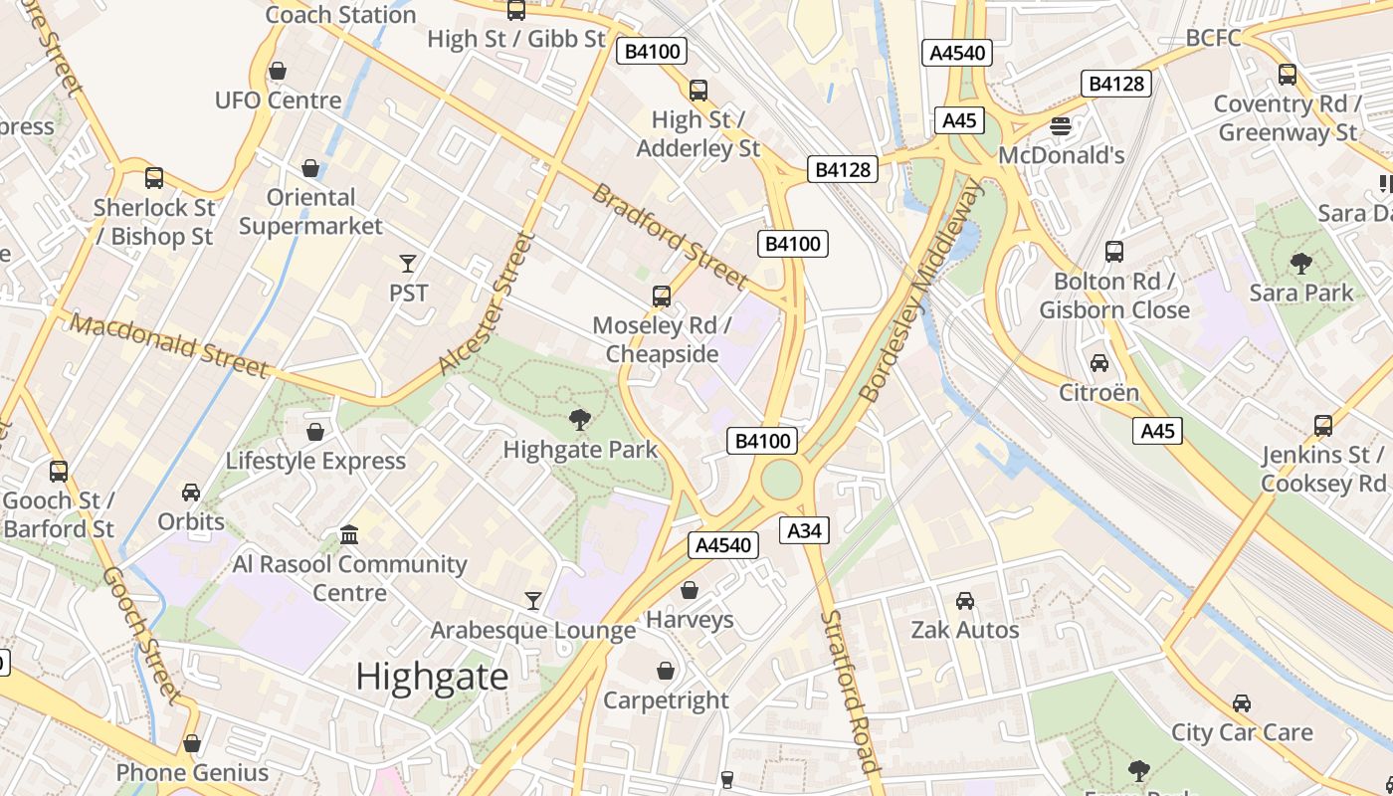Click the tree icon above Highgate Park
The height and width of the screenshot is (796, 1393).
pyautogui.click(x=579, y=421)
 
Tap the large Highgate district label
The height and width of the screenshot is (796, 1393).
pyautogui.click(x=432, y=677)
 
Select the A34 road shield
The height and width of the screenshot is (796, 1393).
pyautogui.click(x=804, y=531)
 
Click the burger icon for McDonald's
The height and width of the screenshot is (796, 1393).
pyautogui.click(x=1061, y=126)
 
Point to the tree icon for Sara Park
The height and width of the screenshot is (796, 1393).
pyautogui.click(x=1300, y=264)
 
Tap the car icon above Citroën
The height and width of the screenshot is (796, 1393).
pyautogui.click(x=1098, y=363)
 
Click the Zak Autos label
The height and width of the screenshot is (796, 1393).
pyautogui.click(x=965, y=630)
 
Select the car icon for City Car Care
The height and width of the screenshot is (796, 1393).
pyautogui.click(x=1241, y=703)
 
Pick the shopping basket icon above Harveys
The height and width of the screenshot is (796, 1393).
pyautogui.click(x=689, y=591)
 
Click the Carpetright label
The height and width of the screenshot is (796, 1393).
pyautogui.click(x=666, y=700)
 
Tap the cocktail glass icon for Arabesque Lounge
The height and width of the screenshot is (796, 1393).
pyautogui.click(x=533, y=601)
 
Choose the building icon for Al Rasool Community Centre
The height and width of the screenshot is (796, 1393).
pyautogui.click(x=348, y=535)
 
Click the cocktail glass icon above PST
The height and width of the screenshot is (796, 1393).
pyautogui.click(x=407, y=264)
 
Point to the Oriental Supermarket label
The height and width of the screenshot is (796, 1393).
pyautogui.click(x=310, y=212)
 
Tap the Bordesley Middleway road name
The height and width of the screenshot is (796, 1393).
pyautogui.click(x=921, y=291)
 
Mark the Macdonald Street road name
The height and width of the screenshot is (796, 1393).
pyautogui.click(x=169, y=345)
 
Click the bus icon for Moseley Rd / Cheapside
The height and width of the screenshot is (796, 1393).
pyautogui.click(x=661, y=297)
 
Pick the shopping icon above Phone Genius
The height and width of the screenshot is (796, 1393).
pyautogui.click(x=192, y=744)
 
